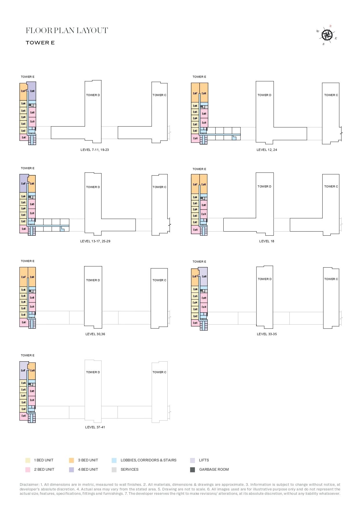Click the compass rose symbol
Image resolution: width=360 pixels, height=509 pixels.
pos(327,35)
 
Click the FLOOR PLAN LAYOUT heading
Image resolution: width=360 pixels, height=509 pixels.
pos(67,30)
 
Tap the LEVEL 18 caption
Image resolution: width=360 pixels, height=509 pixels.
pos(267,241)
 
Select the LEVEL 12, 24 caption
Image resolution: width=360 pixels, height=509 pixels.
pos(267,150)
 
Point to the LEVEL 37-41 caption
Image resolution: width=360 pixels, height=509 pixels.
pos(95,427)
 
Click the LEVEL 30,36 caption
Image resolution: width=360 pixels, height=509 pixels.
pos(95,334)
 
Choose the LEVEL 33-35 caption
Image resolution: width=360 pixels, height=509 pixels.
pos(267,334)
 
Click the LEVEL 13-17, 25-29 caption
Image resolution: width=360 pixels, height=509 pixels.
pos(95,241)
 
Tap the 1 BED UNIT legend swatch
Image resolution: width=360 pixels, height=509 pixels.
pos(28,460)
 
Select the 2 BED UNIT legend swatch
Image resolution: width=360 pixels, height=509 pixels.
pos(28,470)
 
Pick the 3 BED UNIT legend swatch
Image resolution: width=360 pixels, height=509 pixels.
pos(71,460)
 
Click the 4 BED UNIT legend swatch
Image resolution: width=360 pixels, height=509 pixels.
pos(71,470)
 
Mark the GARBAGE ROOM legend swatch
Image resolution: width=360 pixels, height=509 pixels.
pos(192,470)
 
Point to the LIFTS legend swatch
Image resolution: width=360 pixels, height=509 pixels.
pos(192,460)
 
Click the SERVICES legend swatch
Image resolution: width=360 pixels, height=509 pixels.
pos(114,470)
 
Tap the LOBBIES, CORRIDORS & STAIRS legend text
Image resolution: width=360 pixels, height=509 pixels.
pos(148,460)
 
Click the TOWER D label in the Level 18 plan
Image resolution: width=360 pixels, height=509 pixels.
pos(264,187)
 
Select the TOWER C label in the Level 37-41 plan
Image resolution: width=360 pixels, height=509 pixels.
pos(159,372)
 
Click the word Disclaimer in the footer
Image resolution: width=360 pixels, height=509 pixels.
pos(29,485)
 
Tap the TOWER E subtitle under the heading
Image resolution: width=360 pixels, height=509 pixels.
pos(40,43)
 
